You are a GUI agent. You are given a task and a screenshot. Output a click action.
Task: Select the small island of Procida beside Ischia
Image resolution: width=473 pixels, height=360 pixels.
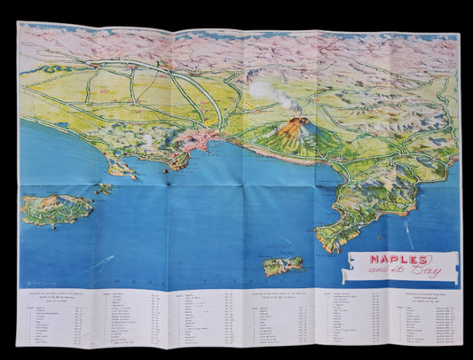click(x=104, y=189)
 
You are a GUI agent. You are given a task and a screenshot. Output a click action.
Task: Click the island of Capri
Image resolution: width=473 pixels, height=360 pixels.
click(x=283, y=265)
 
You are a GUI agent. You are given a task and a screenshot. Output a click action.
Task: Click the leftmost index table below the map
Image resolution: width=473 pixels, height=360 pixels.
click(x=67, y=320)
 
